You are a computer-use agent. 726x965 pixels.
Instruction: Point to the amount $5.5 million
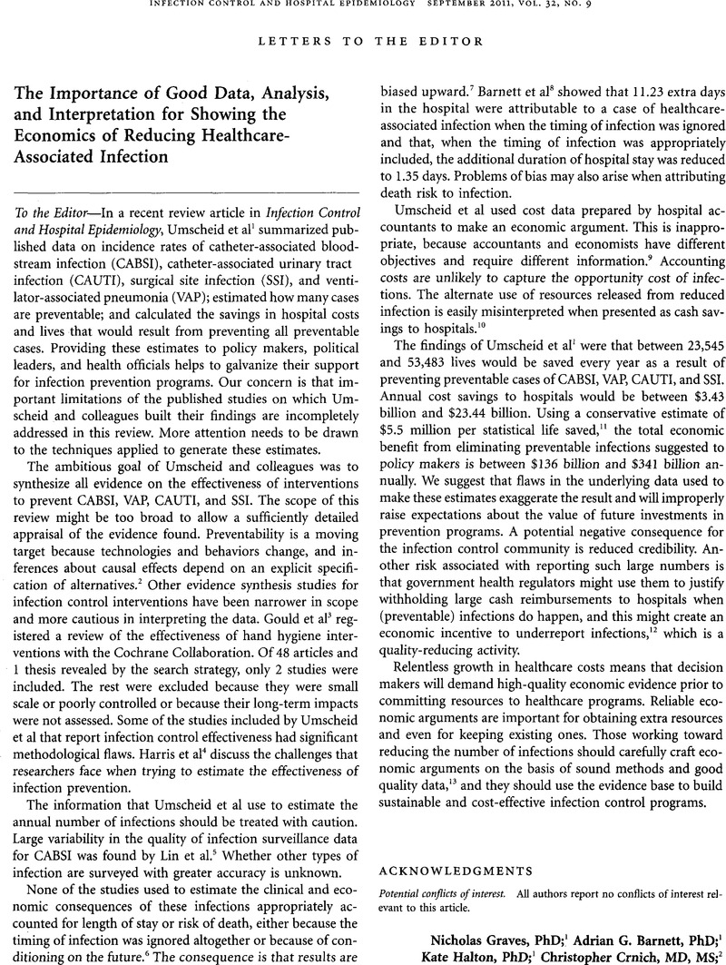(423, 404)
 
